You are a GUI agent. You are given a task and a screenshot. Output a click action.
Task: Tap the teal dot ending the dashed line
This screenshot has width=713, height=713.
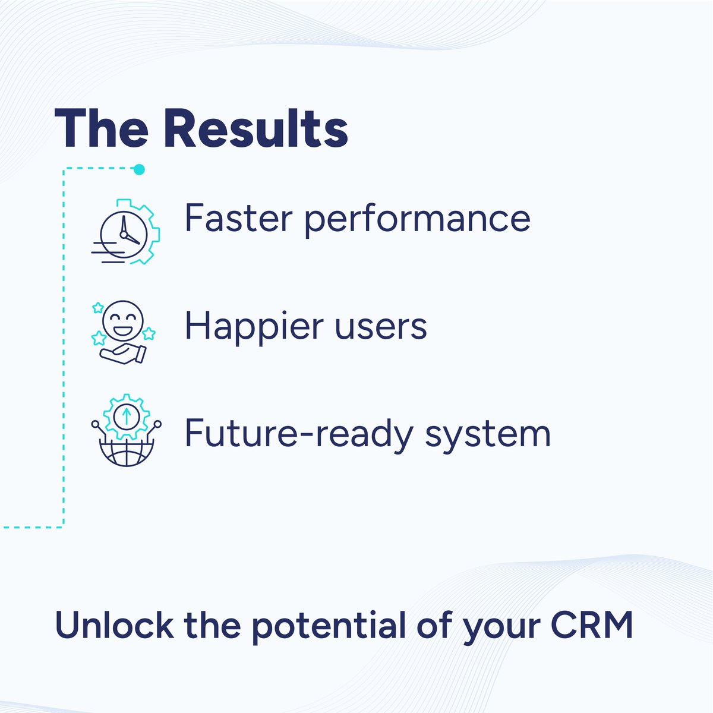click(139, 170)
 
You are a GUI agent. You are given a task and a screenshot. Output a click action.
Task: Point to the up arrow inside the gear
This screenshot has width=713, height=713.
click(125, 415)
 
